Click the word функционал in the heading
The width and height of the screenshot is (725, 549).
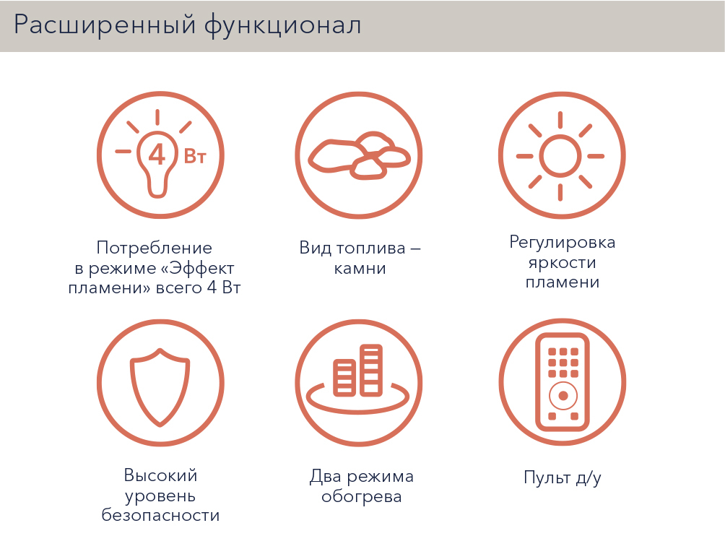282,25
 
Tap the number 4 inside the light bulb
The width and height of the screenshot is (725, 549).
157,155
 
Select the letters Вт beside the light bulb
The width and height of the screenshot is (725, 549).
195,157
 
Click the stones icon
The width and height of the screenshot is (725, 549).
359,156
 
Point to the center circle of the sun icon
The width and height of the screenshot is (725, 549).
560,156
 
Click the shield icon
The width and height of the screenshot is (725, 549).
160,386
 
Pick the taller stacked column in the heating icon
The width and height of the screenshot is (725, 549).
371,371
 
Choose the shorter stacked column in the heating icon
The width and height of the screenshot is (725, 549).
344,378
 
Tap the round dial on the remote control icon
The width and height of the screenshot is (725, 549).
563,396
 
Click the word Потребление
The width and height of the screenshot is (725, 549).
155,248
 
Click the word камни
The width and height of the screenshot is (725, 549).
360,268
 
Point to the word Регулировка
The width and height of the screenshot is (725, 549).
563,243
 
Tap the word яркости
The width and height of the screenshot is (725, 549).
563,263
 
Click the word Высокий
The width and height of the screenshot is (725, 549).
160,475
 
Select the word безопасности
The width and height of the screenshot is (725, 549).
160,515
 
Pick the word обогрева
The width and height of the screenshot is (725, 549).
362,497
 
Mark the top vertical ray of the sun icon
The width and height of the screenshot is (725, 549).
560,120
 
